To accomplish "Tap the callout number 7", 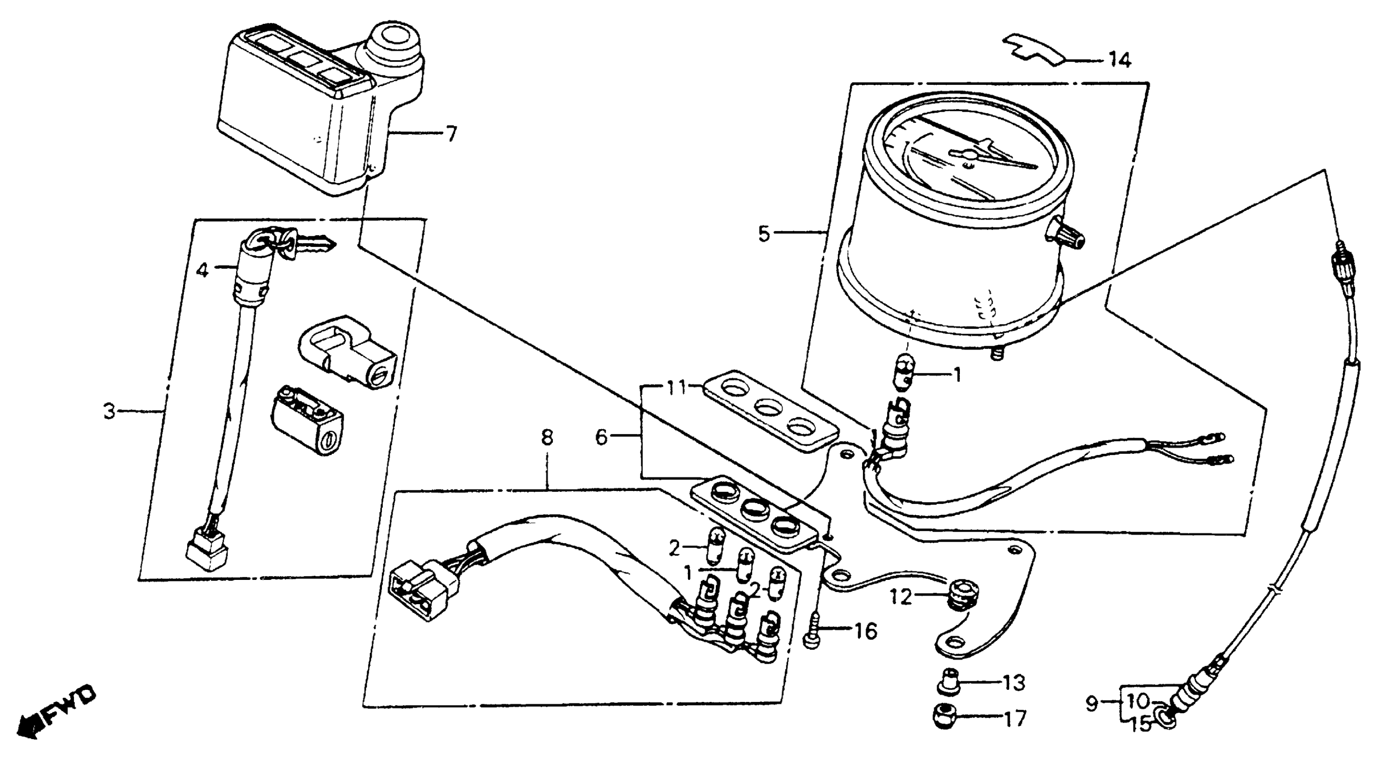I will (x=452, y=133).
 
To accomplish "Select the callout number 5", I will (x=764, y=233).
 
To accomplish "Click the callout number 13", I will (x=1013, y=682).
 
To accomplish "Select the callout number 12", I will (x=902, y=596).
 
